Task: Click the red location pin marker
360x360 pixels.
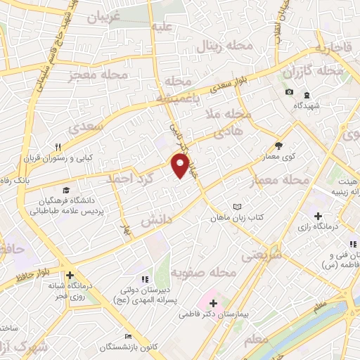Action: tap(181, 166)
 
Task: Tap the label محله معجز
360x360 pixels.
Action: tap(98, 75)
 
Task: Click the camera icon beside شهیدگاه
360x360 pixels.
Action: tap(289, 93)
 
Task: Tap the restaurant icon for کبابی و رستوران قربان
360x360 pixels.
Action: tap(59, 147)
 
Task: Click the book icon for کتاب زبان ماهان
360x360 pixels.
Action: tap(237, 207)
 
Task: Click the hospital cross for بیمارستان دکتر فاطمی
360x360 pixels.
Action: tap(213, 303)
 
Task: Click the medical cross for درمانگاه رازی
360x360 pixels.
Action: tap(318, 216)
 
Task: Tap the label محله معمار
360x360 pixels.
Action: tap(280, 181)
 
